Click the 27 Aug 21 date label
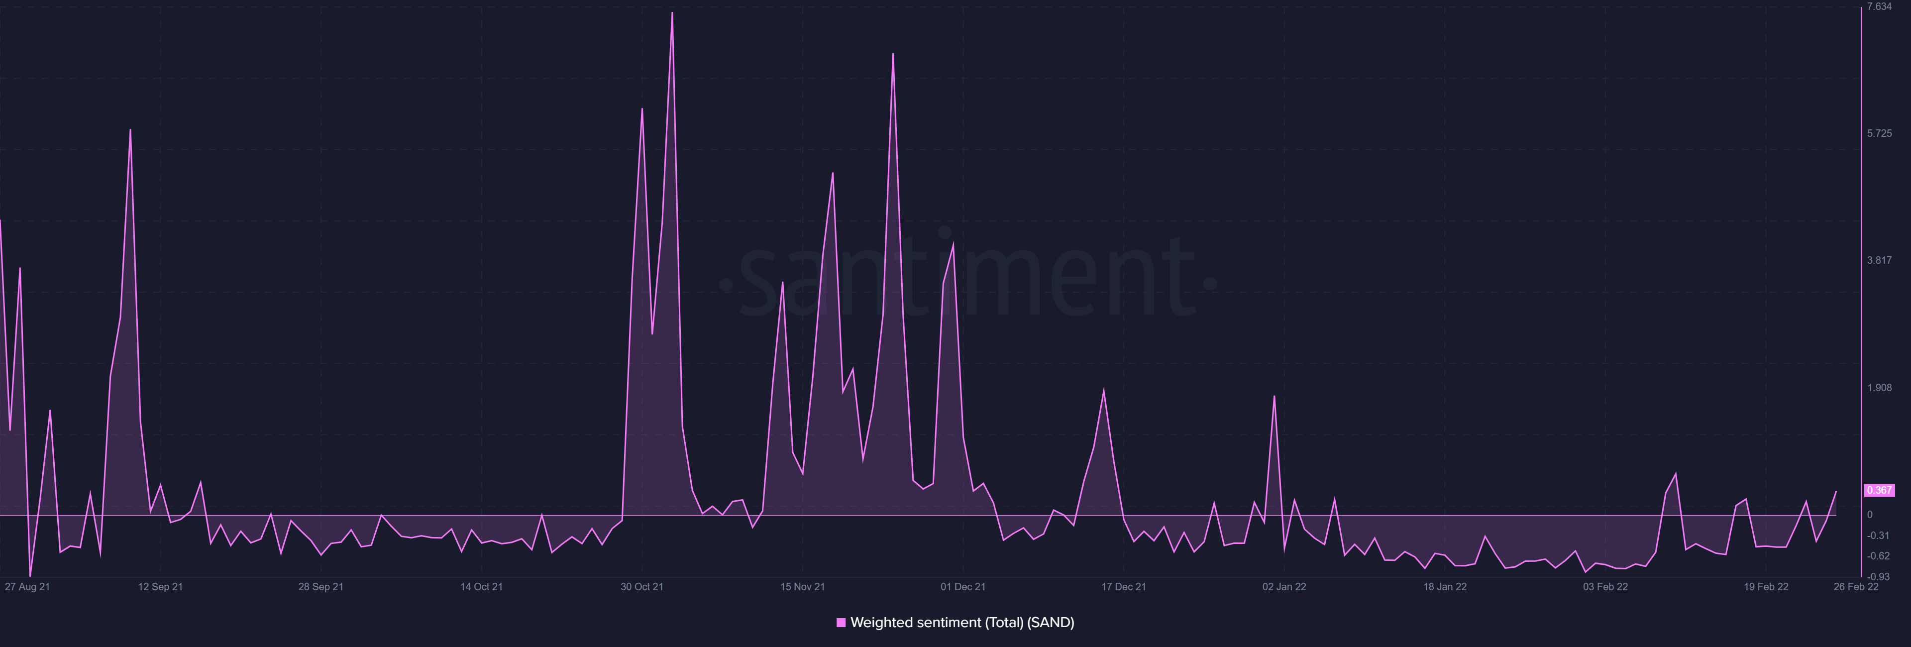point(27,587)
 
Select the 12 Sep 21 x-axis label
point(160,587)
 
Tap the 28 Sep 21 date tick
point(320,587)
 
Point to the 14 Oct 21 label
point(481,587)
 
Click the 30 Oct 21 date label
point(641,587)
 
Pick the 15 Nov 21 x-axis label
point(802,587)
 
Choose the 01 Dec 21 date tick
point(963,587)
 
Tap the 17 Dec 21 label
point(1123,587)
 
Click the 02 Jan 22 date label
point(1284,587)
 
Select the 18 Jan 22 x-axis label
point(1444,587)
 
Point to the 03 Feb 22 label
point(1605,587)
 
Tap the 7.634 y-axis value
point(1879,6)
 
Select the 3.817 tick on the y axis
point(1879,260)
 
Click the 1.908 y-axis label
point(1879,388)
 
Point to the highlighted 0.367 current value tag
point(1879,490)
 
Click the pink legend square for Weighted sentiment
point(841,623)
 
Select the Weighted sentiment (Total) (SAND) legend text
point(962,623)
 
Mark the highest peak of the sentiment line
point(672,12)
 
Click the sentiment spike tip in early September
point(130,130)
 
